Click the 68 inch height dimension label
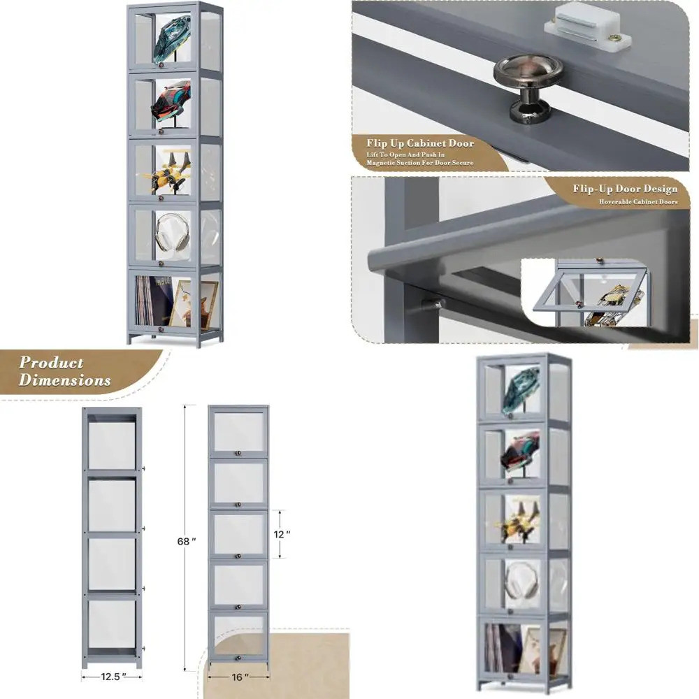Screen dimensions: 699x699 (x=187, y=541)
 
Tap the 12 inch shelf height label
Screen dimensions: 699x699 (x=282, y=534)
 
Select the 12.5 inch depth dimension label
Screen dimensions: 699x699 (x=113, y=677)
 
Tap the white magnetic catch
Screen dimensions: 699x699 (x=587, y=26)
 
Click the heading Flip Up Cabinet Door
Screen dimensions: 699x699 (x=420, y=143)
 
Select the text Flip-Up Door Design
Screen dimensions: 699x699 (x=625, y=189)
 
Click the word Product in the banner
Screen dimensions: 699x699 (x=51, y=363)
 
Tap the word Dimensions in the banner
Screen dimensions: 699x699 (x=64, y=380)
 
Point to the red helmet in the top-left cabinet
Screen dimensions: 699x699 (x=171, y=102)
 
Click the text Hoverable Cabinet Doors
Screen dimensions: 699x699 (x=638, y=202)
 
